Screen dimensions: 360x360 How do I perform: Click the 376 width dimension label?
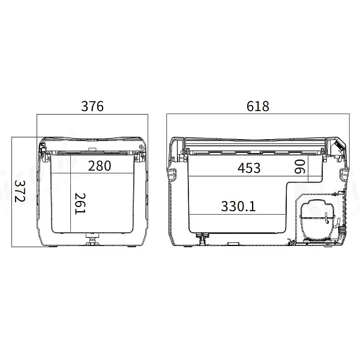pyautogui.click(x=92, y=106)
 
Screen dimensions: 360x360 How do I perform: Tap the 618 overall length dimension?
pyautogui.click(x=257, y=106)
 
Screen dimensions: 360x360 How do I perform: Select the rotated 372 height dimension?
pyautogui.click(x=20, y=191)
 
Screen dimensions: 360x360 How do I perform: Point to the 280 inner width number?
pyautogui.click(x=100, y=166)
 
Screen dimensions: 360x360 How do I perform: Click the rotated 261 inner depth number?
pyautogui.click(x=80, y=204)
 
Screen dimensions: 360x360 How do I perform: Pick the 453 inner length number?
pyautogui.click(x=249, y=168)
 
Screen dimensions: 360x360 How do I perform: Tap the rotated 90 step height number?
pyautogui.click(x=299, y=167)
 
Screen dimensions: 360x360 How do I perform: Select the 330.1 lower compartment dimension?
pyautogui.click(x=238, y=206)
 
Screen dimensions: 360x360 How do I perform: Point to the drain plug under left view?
pyautogui.click(x=92, y=239)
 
